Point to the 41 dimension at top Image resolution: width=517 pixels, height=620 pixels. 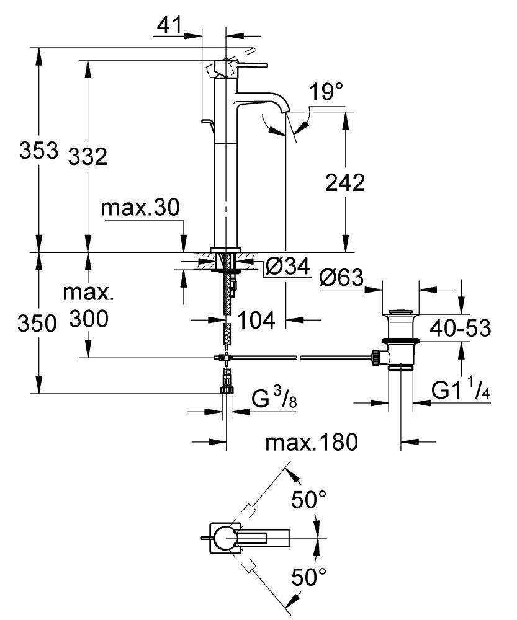168,25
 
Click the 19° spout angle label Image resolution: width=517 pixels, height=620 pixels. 326,93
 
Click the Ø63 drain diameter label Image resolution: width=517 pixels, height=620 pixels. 341,278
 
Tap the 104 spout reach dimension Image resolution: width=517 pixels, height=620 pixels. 256,320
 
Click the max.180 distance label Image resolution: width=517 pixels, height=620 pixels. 312,443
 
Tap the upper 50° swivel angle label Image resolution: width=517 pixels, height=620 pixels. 309,500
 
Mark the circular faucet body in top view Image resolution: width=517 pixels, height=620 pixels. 224,537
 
